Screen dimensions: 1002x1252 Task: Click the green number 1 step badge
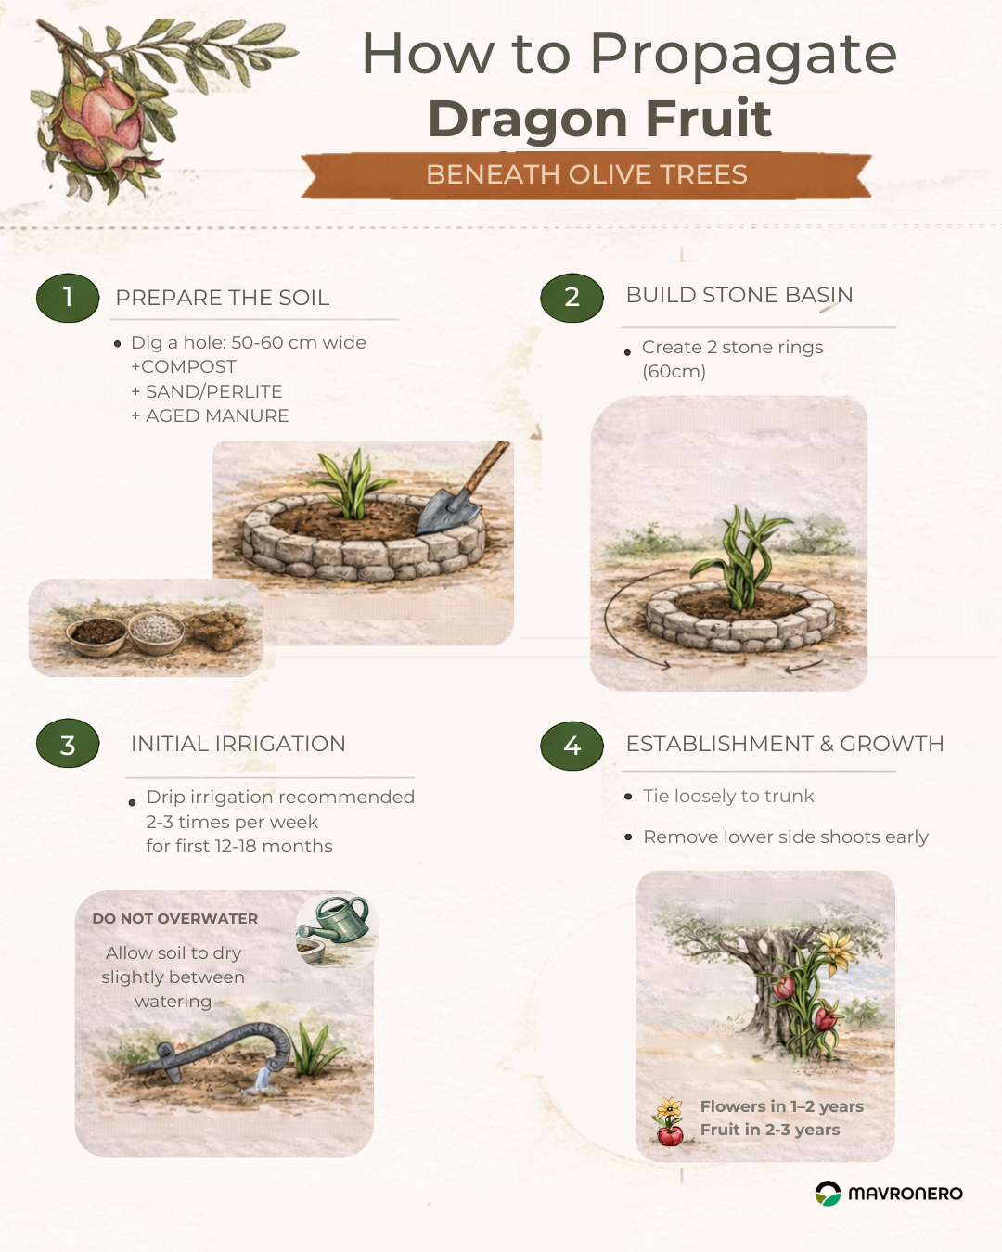(68, 298)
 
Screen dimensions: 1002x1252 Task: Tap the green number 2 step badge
(572, 298)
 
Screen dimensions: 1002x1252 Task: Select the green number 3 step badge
(68, 744)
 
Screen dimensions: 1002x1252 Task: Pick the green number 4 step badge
(572, 746)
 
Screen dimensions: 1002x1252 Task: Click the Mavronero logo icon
(828, 1194)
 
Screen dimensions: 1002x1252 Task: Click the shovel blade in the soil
(445, 513)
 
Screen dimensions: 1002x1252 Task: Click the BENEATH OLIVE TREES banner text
(587, 174)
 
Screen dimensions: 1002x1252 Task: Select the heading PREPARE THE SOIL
(223, 298)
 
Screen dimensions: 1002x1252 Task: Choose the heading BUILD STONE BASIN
(739, 295)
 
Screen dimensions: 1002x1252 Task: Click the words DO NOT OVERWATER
(174, 919)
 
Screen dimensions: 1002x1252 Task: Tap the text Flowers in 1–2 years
(782, 1106)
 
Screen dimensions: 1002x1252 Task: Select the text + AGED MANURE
(210, 416)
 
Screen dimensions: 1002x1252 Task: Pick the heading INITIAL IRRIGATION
(238, 744)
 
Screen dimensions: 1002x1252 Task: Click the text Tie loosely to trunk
(728, 796)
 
